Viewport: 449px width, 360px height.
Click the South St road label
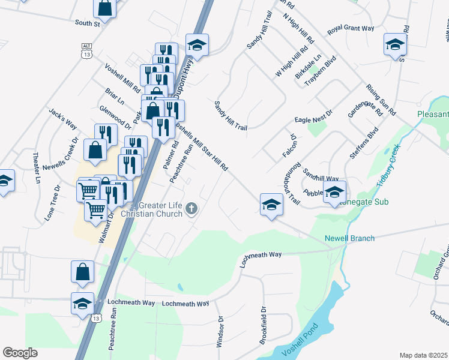[x=87, y=23]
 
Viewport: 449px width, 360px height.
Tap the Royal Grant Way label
[x=351, y=29]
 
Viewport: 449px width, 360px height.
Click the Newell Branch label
[x=349, y=238]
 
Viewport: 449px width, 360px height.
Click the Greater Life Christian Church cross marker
[x=191, y=209]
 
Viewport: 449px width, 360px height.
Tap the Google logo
[x=20, y=353]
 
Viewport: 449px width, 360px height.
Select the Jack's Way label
[x=62, y=119]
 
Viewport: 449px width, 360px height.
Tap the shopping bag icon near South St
[x=104, y=8]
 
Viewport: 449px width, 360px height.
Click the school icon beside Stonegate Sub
[x=335, y=194]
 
